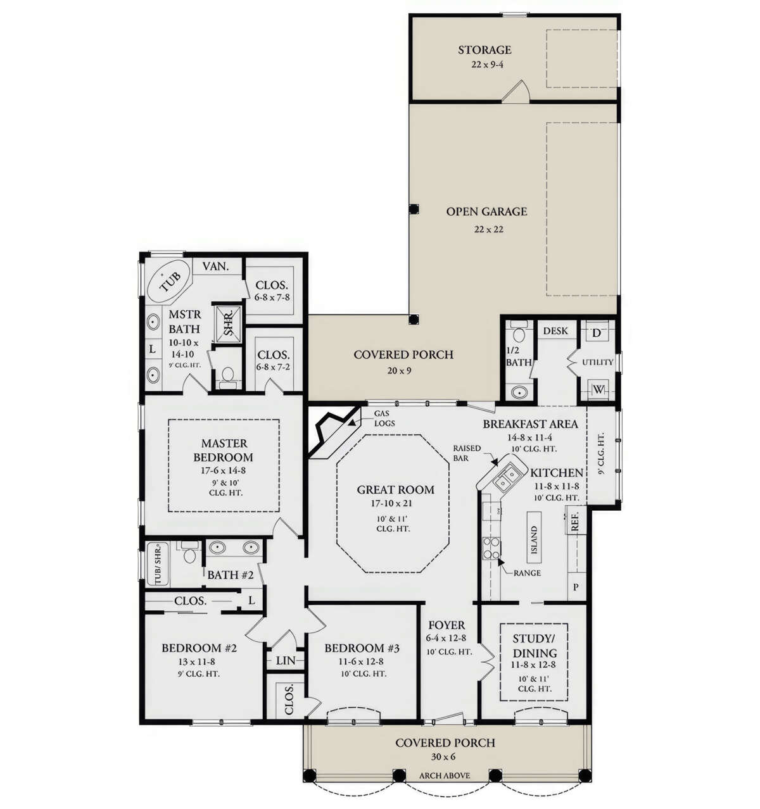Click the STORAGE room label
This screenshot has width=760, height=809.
[x=484, y=49]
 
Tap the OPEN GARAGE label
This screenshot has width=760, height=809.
[x=486, y=211]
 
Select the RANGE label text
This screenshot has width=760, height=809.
[x=528, y=573]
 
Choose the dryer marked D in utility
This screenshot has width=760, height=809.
[x=597, y=332]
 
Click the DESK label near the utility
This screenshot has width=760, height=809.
[x=555, y=330]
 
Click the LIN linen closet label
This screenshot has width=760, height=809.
[x=286, y=660]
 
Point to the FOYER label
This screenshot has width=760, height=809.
[x=446, y=625]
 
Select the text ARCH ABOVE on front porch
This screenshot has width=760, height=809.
[x=445, y=775]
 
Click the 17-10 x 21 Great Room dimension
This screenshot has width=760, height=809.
[x=395, y=504]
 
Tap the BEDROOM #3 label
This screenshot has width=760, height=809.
[x=362, y=648]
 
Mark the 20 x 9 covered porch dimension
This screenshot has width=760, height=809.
[x=400, y=370]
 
